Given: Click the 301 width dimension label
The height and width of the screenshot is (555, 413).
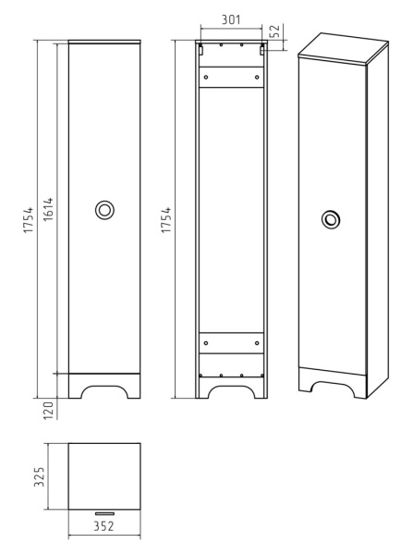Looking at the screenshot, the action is pos(231,19).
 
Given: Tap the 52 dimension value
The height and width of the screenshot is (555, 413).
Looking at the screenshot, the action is pos(274,31).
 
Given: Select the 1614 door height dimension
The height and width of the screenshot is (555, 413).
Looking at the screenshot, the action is pos(48,209).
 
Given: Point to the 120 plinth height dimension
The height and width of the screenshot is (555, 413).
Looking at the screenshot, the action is pos(48,410).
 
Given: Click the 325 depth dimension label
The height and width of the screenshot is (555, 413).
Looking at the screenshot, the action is pos(39,476).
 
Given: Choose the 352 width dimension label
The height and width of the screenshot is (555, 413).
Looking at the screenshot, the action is pos(104,526).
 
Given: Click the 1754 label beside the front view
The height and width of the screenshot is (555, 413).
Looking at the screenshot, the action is pos(28,220).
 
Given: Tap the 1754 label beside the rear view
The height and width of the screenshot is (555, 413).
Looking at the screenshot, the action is pos(165,220).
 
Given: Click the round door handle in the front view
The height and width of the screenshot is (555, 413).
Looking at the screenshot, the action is pos(104,210).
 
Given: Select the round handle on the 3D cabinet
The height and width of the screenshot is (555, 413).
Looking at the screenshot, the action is pos(331,219).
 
